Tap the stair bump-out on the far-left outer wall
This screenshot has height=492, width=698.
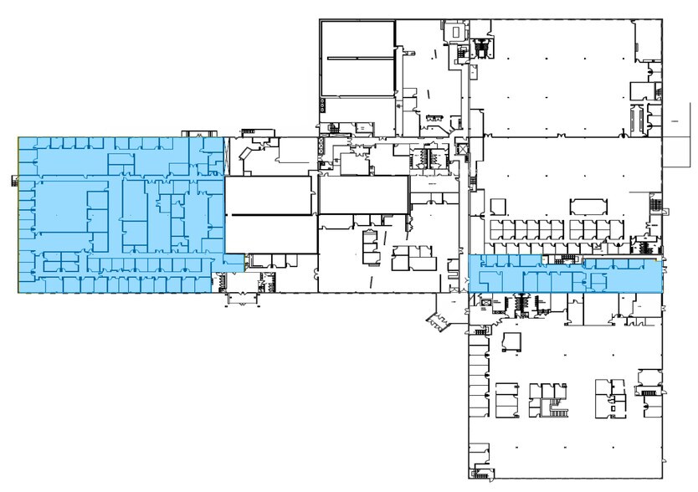[14, 178]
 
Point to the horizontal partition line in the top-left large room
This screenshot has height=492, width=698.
[359, 58]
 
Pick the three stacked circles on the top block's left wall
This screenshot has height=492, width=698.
[321, 105]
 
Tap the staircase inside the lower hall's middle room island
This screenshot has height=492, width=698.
[553, 409]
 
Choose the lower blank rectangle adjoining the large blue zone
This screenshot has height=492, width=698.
[270, 233]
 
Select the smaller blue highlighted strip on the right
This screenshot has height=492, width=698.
[565, 274]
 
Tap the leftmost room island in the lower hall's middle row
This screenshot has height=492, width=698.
[507, 398]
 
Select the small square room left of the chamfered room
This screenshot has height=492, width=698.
[497, 206]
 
